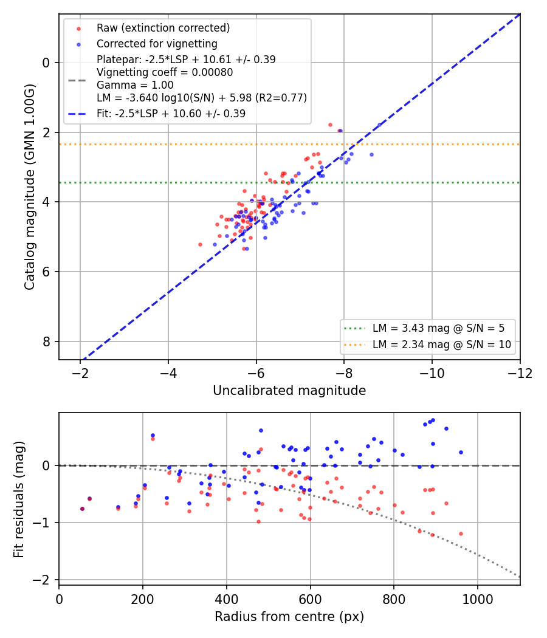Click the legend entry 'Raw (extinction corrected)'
(x=163, y=28)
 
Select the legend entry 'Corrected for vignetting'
(x=157, y=44)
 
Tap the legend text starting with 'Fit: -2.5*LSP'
(x=171, y=114)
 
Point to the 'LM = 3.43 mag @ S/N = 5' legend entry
(x=438, y=328)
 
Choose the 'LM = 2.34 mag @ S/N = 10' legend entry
(x=442, y=345)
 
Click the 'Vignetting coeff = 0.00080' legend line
(x=165, y=72)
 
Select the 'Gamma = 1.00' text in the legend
(x=135, y=85)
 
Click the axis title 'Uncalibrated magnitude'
(x=289, y=391)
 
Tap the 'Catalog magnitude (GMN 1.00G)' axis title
(x=29, y=187)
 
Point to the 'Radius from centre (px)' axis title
(x=289, y=617)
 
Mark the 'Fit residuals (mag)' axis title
(x=19, y=499)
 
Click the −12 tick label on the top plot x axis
(x=520, y=373)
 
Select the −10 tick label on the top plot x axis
(x=432, y=373)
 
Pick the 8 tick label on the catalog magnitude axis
(x=46, y=341)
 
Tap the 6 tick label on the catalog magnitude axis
(x=46, y=272)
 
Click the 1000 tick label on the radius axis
(x=477, y=599)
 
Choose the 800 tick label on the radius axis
(x=394, y=599)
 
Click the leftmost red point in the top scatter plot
(x=200, y=244)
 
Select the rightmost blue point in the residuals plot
(x=461, y=452)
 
